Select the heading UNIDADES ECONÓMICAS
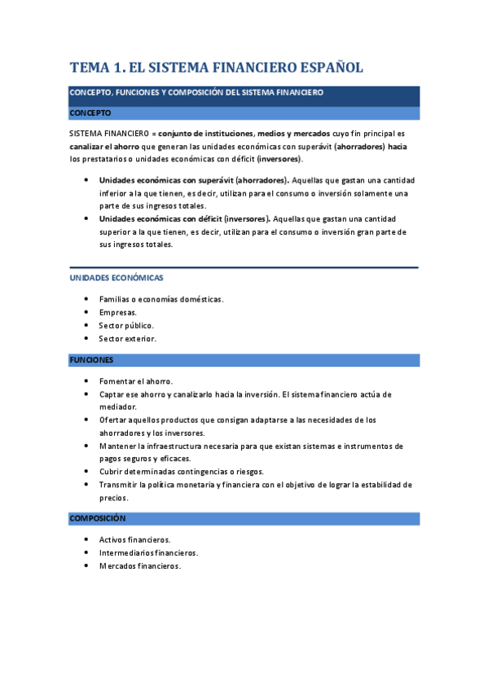point(117,278)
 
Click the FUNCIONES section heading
point(91,359)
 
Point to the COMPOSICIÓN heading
point(98,518)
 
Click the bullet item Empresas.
point(118,312)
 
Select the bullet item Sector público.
point(126,325)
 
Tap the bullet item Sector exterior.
point(127,338)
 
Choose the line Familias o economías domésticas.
point(161,299)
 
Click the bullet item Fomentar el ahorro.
point(136,381)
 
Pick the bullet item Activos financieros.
point(134,539)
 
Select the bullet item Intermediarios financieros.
point(148,552)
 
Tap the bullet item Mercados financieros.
point(139,566)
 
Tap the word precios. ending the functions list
point(114,497)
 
